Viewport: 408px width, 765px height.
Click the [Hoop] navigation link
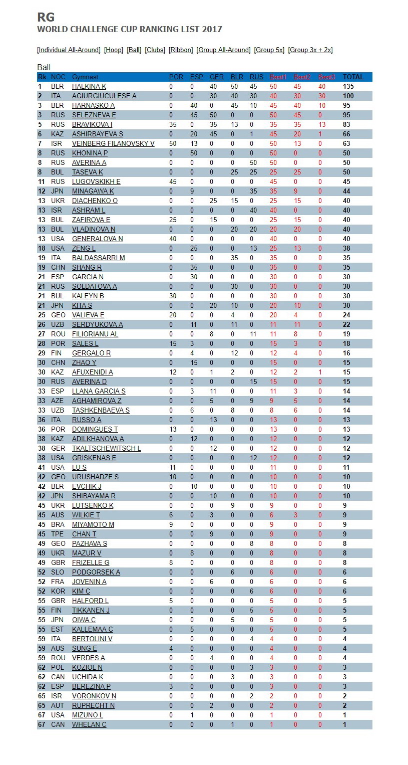(113, 50)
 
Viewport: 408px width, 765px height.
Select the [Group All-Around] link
(223, 50)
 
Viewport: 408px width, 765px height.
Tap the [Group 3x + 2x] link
(310, 50)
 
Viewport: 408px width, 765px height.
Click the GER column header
(217, 77)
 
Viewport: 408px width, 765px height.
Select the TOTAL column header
(353, 77)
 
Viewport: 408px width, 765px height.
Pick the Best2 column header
(302, 77)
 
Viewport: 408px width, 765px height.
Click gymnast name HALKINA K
(89, 87)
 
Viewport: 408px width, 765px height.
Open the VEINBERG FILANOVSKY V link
(113, 144)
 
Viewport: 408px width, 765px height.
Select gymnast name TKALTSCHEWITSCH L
(106, 449)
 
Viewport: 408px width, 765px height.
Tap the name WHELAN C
(89, 725)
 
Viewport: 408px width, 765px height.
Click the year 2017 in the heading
(212, 30)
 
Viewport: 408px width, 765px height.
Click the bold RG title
(46, 18)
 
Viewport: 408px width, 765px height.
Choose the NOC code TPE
(58, 534)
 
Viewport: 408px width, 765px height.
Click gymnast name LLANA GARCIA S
(99, 392)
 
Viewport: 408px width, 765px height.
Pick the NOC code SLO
(58, 572)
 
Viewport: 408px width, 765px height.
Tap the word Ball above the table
(44, 67)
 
